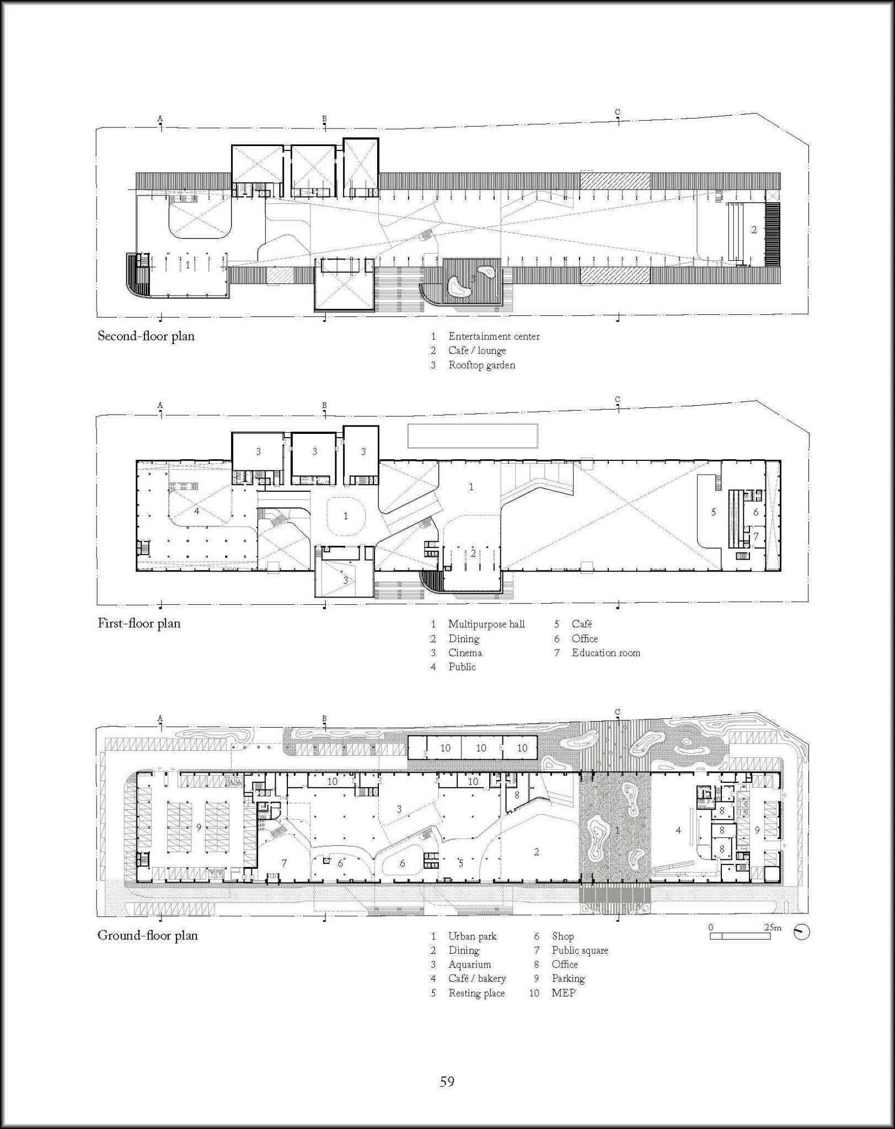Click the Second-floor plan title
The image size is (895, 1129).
[146, 336]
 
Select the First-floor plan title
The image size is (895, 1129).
[139, 623]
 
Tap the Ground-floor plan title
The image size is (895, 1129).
[147, 936]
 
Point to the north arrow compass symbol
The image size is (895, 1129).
[802, 933]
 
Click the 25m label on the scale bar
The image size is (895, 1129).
[773, 927]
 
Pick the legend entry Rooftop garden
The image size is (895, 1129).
[481, 365]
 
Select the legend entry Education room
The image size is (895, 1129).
[605, 653]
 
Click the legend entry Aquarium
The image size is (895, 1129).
[469, 964]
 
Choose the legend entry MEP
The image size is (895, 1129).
[563, 993]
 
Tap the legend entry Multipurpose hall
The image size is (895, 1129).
[486, 624]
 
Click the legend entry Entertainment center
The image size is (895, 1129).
[494, 336]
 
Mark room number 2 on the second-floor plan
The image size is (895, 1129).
[754, 230]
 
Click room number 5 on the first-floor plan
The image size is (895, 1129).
[713, 512]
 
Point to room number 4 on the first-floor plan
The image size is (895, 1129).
[196, 510]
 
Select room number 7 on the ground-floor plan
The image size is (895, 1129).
[284, 863]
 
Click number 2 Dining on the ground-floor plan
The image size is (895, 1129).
[536, 852]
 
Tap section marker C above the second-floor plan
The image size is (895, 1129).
[617, 112]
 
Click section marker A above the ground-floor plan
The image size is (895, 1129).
[160, 718]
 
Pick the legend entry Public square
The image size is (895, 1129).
[579, 950]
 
